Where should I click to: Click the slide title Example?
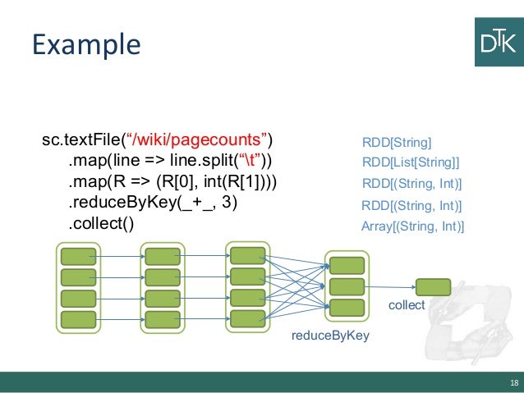(x=86, y=45)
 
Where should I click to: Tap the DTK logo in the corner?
(x=499, y=42)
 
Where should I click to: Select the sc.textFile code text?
(x=81, y=139)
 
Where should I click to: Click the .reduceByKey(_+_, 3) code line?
(x=153, y=203)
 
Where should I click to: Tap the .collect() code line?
(x=101, y=223)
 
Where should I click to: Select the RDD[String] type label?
(x=397, y=143)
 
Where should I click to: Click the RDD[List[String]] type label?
(x=411, y=162)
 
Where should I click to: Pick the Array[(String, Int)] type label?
(x=413, y=226)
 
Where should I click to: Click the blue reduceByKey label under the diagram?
(x=330, y=336)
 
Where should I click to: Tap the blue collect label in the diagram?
(x=407, y=305)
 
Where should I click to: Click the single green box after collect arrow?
(x=433, y=287)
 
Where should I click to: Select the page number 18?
(x=514, y=382)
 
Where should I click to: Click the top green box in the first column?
(x=79, y=257)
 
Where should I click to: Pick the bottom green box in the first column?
(x=79, y=319)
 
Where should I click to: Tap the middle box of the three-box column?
(x=347, y=287)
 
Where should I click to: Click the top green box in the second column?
(x=163, y=257)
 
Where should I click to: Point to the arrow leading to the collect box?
(x=390, y=287)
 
